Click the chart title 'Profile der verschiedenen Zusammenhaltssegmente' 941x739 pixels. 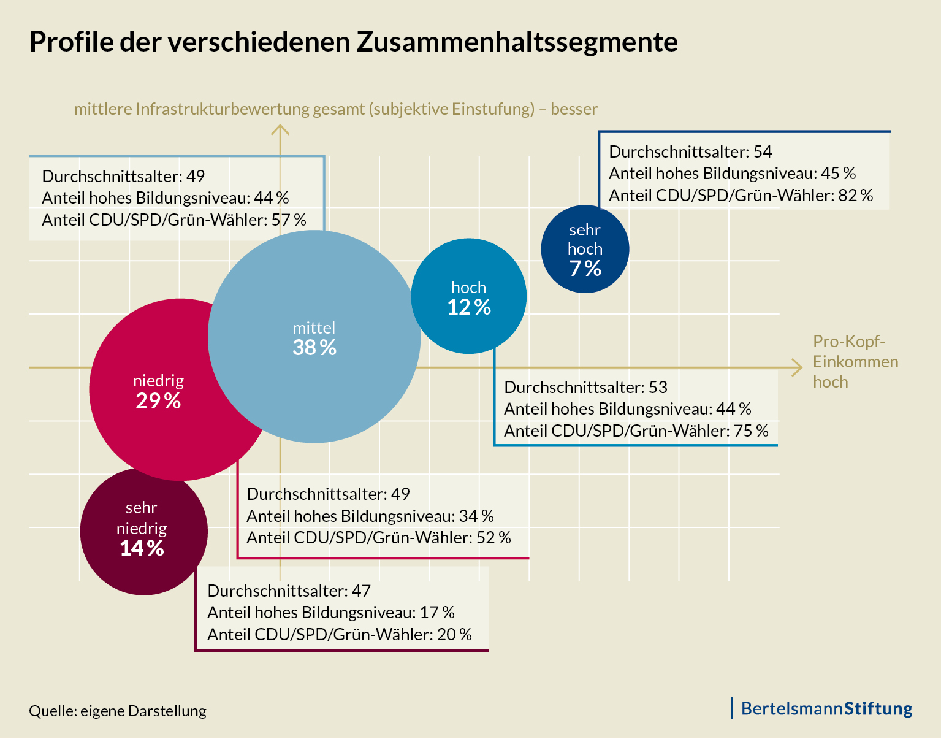coord(354,42)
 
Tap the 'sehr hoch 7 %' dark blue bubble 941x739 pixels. coord(585,249)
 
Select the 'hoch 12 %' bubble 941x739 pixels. coord(468,297)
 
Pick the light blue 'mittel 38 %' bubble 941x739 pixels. coord(314,337)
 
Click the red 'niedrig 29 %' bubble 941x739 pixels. coord(158,391)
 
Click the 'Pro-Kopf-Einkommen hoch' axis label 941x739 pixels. coord(855,361)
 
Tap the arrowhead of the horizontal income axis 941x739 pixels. coord(797,367)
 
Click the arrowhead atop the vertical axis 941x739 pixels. coord(280,129)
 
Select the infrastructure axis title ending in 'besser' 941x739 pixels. coord(335,109)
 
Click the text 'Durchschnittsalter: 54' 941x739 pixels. coord(690,151)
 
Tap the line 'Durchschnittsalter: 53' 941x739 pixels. coord(585,387)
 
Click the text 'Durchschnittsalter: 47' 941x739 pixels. coord(289,591)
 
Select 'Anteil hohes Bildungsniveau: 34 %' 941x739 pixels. coord(370,516)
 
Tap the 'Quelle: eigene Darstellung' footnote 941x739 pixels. coord(118,711)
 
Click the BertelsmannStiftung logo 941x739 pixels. coord(826,708)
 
